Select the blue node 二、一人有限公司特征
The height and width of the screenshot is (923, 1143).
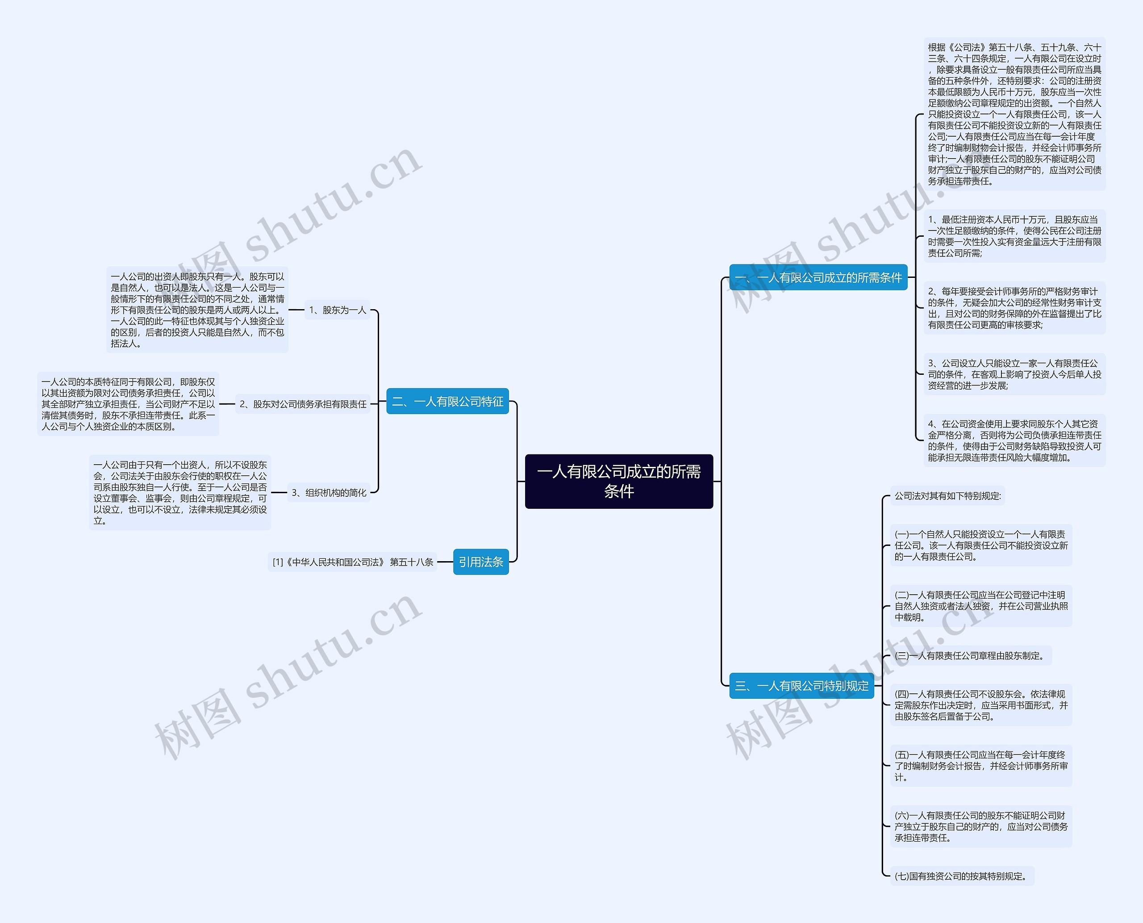447,402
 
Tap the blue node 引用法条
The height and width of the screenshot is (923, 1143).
481,562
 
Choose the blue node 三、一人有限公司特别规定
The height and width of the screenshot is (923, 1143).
801,686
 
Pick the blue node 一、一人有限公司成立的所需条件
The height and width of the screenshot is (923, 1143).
818,277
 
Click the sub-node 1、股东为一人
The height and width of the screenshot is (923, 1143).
338,310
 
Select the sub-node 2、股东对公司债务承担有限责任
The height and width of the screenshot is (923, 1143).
303,404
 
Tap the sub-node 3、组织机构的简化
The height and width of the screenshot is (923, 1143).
329,492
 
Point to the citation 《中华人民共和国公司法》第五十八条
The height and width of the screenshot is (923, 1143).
352,562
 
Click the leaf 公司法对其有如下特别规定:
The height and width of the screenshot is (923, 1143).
947,496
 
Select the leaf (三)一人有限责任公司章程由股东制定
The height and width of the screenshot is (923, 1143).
971,655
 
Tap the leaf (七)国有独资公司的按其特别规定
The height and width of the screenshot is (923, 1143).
962,876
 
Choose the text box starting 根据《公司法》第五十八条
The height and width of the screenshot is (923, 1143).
1014,114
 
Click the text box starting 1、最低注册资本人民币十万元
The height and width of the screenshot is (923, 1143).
1014,236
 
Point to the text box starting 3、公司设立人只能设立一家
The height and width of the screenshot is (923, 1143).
1014,374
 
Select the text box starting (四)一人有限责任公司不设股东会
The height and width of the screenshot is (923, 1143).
981,705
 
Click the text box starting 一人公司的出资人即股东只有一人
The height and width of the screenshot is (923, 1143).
197,310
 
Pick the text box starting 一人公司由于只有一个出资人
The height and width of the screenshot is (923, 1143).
180,492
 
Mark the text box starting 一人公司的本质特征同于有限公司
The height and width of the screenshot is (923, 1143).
128,404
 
